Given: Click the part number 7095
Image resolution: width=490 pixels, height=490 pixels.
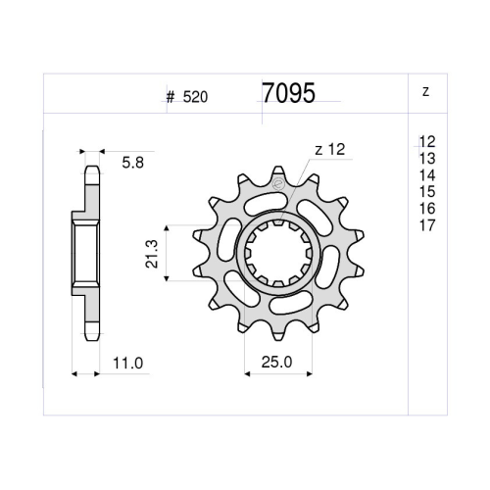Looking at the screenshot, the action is (289, 93).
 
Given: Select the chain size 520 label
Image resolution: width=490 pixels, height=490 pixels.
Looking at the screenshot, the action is (195, 97).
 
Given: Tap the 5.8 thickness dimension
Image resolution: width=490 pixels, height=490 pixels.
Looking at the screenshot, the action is (133, 163).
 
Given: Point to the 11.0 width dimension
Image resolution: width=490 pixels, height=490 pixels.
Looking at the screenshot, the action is (128, 364).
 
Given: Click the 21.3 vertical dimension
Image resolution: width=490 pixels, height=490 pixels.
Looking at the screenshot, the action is (152, 254).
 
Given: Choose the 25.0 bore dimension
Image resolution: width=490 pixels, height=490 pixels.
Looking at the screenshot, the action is (276, 362).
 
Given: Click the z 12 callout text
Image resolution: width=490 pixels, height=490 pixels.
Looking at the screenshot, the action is (330, 150).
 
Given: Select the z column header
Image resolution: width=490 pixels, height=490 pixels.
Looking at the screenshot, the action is (425, 92).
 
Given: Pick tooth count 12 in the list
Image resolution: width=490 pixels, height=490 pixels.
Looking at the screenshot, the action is (427, 142).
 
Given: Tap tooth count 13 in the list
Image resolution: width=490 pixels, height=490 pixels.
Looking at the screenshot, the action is (427, 159).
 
